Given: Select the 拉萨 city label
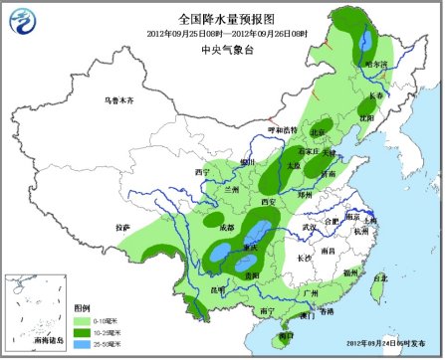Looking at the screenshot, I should tap(122, 228).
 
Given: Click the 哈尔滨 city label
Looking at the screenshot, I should tap(376, 64).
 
